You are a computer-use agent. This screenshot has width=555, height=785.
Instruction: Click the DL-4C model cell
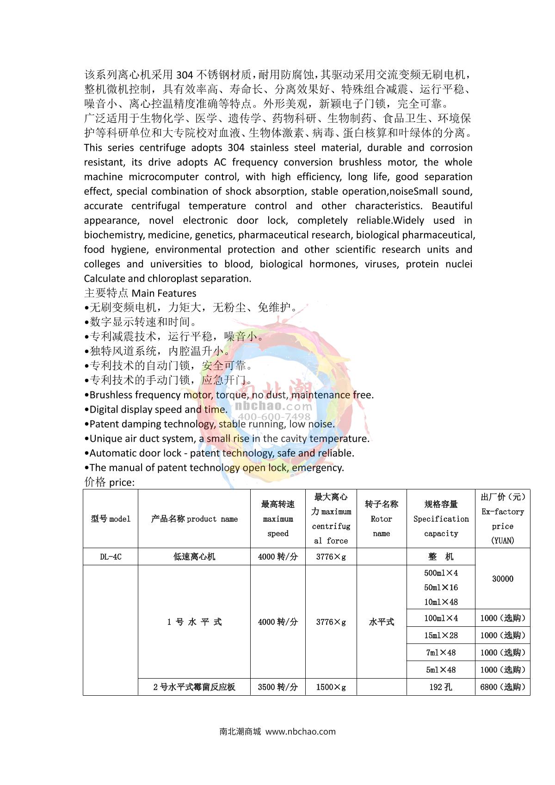[111, 556]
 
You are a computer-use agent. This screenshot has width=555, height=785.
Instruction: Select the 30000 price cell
[502, 579]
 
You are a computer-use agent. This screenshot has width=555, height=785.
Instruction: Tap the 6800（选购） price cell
[502, 687]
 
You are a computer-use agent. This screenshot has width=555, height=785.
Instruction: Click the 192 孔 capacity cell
[441, 687]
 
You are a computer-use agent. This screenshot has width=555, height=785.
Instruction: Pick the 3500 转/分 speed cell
[277, 687]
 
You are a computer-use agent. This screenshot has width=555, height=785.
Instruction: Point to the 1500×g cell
[331, 687]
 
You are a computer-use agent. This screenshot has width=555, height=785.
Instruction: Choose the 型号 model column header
[111, 519]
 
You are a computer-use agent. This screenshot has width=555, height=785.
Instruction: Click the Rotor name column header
[381, 519]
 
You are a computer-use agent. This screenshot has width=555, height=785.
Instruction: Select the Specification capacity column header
[441, 519]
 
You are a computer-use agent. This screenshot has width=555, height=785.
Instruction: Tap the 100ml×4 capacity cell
[441, 618]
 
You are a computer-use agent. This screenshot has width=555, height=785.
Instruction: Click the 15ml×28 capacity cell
[441, 635]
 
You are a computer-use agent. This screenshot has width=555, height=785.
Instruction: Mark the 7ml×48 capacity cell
[441, 652]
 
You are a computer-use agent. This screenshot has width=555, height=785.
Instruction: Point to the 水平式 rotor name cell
[381, 622]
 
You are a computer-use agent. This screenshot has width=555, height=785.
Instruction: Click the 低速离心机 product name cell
[194, 556]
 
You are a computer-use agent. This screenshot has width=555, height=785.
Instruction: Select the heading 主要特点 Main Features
[140, 293]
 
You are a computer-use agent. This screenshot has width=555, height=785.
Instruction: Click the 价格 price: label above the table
[109, 482]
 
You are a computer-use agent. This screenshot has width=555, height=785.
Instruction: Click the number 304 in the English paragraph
[236, 148]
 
